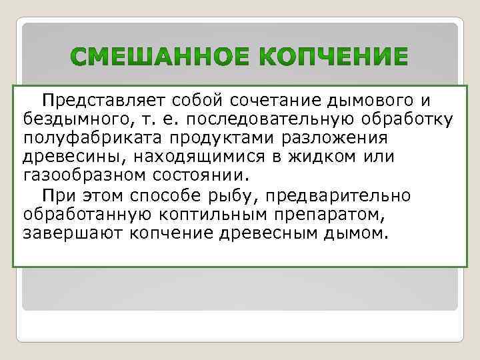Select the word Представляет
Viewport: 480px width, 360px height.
pyautogui.click(x=103, y=101)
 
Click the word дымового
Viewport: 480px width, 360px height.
pyautogui.click(x=369, y=101)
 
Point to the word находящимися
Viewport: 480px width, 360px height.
pyautogui.click(x=211, y=157)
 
